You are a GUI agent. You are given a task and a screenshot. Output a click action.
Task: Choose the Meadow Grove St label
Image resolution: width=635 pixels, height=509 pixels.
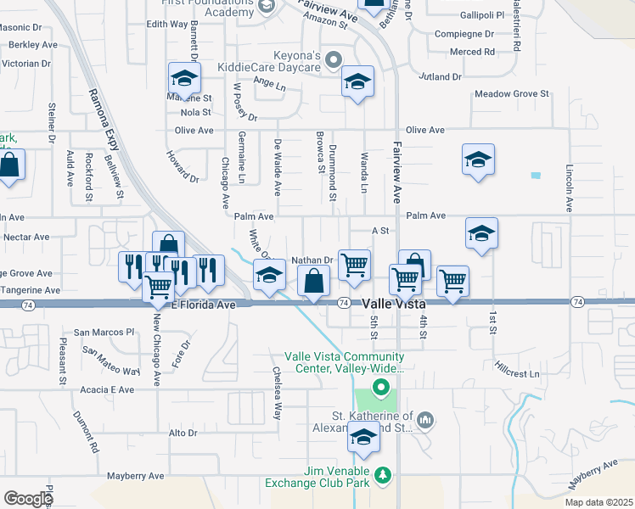pyautogui.click(x=512, y=94)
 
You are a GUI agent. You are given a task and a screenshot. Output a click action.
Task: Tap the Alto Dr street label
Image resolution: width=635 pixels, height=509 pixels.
pyautogui.click(x=183, y=433)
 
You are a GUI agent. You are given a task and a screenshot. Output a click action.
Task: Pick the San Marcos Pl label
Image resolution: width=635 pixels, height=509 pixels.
pyautogui.click(x=105, y=332)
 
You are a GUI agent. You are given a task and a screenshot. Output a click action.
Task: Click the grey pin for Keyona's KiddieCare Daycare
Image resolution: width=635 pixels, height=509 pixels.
pyautogui.click(x=334, y=59)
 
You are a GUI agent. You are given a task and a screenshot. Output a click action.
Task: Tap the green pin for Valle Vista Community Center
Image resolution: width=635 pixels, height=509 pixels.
pyautogui.click(x=381, y=389)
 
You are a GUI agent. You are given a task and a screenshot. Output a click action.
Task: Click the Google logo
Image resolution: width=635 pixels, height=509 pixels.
pyautogui.click(x=28, y=498)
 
